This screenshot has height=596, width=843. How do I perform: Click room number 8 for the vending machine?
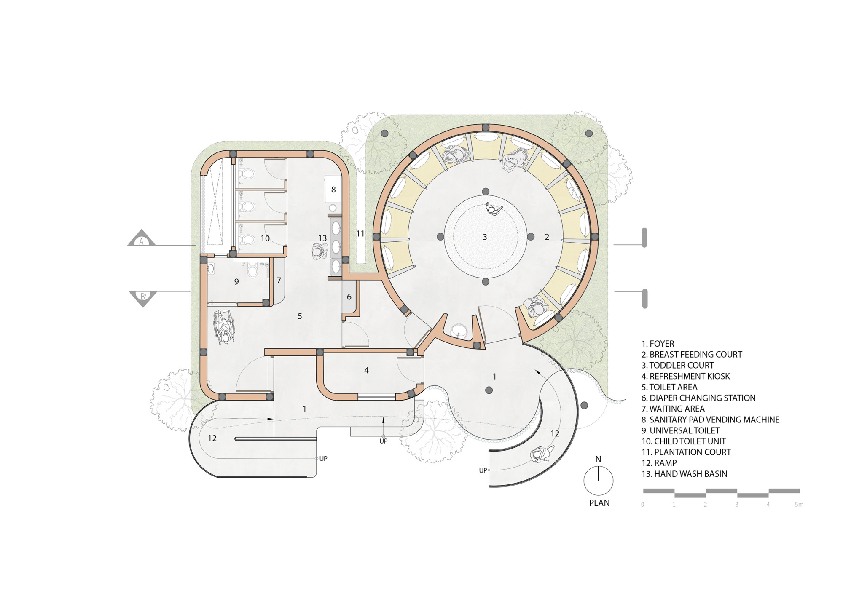[333, 190]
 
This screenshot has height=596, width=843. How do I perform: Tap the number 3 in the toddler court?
[485, 237]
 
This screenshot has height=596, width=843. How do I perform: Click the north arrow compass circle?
[598, 480]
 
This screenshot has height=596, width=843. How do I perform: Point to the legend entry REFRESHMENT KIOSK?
[685, 376]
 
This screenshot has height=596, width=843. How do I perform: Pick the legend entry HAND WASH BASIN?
[685, 474]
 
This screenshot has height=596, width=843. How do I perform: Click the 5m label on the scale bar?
[799, 505]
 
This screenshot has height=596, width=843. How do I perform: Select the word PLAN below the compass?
[599, 503]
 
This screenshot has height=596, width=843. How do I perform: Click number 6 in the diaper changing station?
[349, 297]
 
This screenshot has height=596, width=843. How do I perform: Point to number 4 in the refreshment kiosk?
[366, 370]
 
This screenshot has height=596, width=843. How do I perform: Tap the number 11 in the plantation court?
[360, 234]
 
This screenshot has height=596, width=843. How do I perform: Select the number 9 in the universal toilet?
[236, 282]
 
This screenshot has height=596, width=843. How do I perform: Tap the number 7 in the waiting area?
[279, 281]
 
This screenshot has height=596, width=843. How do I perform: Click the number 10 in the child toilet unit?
[265, 238]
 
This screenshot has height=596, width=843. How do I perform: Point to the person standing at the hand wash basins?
[318, 252]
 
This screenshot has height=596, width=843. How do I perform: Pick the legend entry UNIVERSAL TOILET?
[680, 430]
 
